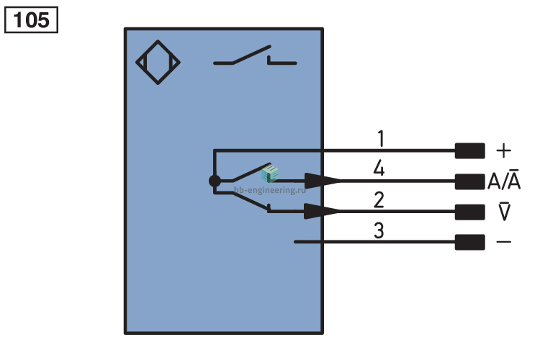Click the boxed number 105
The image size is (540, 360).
pos(31,20)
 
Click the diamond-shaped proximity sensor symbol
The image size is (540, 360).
pos(158,63)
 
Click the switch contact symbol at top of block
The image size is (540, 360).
pos(255,55)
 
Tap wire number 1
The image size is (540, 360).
pos(381,138)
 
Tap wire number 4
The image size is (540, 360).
pos(379,168)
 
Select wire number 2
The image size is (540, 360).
pos(379,200)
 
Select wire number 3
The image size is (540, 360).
pos(379,230)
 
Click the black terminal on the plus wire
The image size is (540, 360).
pos(469,151)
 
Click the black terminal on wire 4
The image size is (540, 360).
pos(469,181)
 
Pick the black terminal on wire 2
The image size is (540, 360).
pos(469,212)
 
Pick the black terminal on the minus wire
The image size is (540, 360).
pos(469,242)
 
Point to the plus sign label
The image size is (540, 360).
pos(504,151)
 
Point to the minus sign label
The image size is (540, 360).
pos(504,242)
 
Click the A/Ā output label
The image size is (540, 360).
pos(504,179)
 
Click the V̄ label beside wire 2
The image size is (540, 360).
pos(505,210)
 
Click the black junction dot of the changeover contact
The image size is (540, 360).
pos(215,181)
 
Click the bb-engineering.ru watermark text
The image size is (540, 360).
pos(270,190)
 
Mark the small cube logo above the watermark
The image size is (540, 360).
pos(270,173)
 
